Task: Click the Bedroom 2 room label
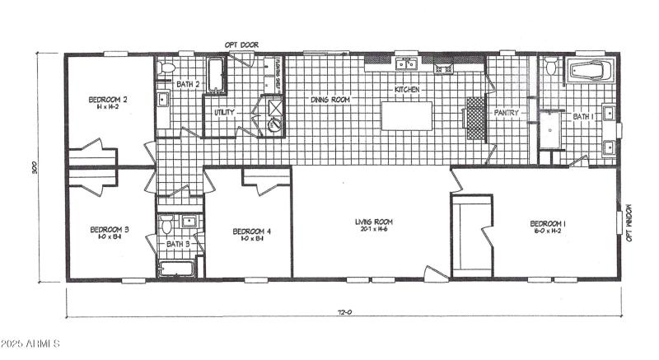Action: point(107,100)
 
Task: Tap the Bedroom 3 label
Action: point(109,229)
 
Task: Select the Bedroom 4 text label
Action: point(251,231)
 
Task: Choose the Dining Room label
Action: point(329,100)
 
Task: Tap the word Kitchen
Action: point(407,88)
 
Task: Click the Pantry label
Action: point(504,113)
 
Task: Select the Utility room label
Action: point(224,112)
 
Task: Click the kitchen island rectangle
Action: point(407,115)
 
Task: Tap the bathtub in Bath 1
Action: point(590,71)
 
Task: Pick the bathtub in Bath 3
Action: point(176,268)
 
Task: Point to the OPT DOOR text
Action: point(240,44)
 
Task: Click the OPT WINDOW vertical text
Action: point(629,223)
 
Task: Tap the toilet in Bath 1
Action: point(550,67)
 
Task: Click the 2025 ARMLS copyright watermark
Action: point(32,344)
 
